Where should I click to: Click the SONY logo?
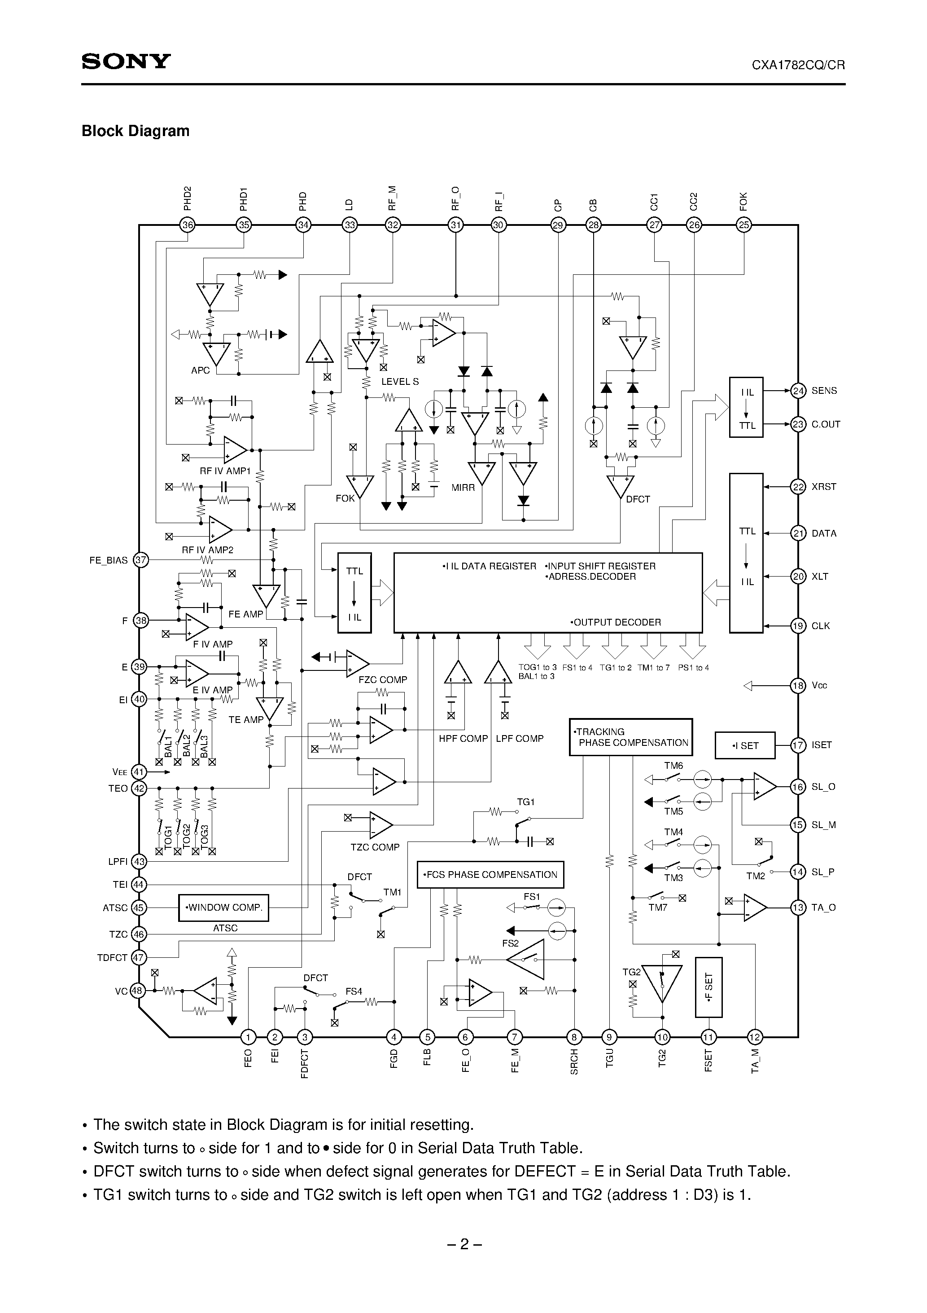tap(126, 62)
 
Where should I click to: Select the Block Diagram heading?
tap(136, 131)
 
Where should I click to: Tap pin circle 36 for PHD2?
tap(188, 225)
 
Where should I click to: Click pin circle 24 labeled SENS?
tap(798, 391)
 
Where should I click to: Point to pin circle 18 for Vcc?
tap(798, 685)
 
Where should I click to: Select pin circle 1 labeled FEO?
tap(248, 1037)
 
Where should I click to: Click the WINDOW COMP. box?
tap(223, 908)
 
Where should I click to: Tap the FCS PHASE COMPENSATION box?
tap(490, 874)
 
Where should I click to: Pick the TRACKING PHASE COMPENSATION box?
tap(631, 737)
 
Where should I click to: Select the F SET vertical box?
tap(708, 987)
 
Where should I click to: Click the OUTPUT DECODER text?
tap(616, 622)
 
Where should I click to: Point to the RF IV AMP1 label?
tap(225, 471)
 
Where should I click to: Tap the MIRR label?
tap(463, 488)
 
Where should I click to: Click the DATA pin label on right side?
tap(823, 533)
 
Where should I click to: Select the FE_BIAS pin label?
tap(109, 560)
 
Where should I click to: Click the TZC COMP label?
tap(375, 847)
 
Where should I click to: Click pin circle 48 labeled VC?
tap(138, 991)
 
